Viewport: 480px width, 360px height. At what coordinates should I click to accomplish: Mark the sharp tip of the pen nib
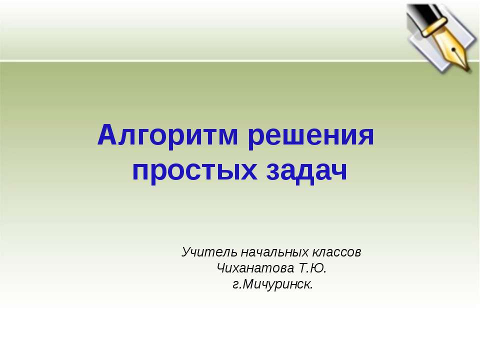click(468, 69)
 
